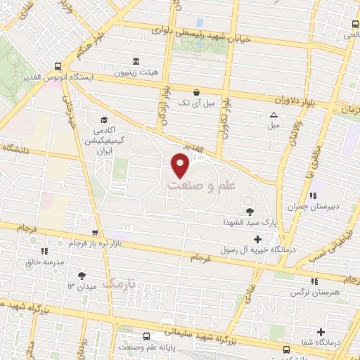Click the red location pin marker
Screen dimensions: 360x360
(181, 165)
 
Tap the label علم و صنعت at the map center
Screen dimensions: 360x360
(201, 186)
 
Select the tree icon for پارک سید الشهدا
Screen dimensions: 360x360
(250, 211)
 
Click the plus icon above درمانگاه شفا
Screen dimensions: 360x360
(321, 332)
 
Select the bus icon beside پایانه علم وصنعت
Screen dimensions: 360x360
(146, 336)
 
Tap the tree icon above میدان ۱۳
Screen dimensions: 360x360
(82, 276)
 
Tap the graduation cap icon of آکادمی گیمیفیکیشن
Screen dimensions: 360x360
(104, 120)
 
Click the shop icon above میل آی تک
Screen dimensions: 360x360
(196, 91)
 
